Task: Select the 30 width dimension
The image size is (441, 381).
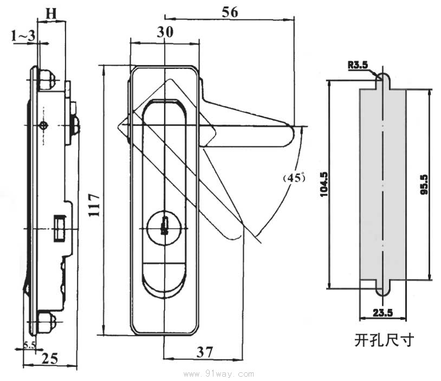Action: (165, 33)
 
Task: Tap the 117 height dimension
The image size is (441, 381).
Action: (94, 205)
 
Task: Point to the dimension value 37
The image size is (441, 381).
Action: (204, 352)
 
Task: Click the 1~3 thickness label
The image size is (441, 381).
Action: (23, 36)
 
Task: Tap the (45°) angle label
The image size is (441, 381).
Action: (294, 177)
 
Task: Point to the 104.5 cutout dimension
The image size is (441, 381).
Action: (324, 184)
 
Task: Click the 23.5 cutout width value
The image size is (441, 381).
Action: (382, 312)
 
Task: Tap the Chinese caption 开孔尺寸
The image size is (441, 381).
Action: (384, 340)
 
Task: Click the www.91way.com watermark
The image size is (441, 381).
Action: (219, 373)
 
